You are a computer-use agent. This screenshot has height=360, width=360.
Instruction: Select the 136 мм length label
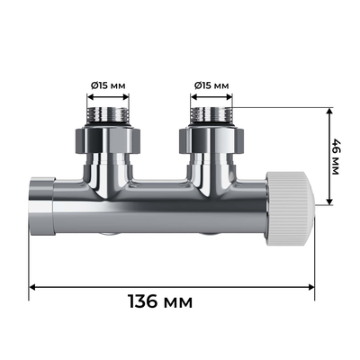click(x=173, y=300)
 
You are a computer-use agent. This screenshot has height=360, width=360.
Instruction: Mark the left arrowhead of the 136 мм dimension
click(x=34, y=287)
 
